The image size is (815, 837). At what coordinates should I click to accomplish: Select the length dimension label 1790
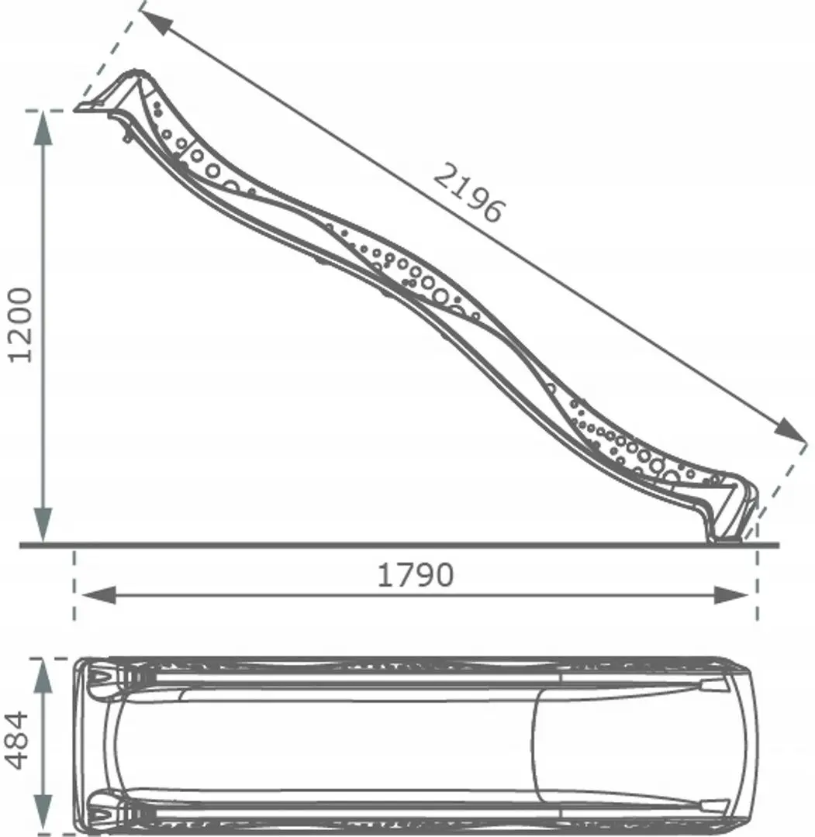(x=415, y=575)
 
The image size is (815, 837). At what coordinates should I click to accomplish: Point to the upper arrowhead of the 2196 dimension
(x=155, y=21)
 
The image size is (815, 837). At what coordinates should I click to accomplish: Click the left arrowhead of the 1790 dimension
(x=98, y=595)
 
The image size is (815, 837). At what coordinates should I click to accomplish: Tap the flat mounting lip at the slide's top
(x=93, y=109)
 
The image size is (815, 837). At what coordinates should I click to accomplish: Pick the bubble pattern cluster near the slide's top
(x=194, y=155)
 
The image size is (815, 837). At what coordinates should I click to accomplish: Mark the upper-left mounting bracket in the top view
(x=101, y=678)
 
